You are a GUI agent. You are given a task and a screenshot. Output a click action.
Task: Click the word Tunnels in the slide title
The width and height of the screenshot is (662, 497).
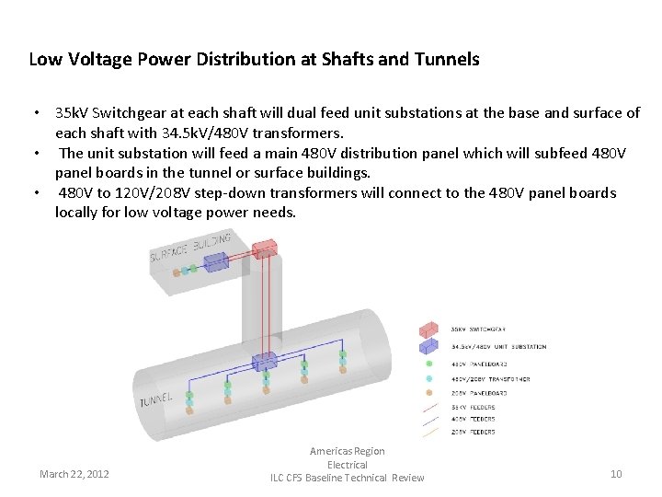click(x=446, y=60)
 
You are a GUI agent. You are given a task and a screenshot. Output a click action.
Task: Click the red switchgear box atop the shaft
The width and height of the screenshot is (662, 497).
click(x=263, y=248)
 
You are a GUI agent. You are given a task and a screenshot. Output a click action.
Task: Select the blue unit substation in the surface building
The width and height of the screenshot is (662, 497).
click(x=216, y=262)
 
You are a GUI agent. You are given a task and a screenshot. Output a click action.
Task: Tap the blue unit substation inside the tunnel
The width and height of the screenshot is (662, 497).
click(x=265, y=361)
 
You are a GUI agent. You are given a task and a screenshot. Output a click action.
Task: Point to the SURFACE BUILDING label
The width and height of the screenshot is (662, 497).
click(x=190, y=247)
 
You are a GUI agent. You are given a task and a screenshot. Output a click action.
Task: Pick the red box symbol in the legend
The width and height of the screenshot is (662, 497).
click(x=428, y=329)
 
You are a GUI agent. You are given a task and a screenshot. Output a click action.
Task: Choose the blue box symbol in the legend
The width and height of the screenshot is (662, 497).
click(x=428, y=347)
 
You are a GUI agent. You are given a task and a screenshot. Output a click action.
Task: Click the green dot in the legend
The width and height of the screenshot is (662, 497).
click(x=428, y=364)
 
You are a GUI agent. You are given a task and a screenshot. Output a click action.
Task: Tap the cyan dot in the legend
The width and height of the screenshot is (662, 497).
click(x=428, y=378)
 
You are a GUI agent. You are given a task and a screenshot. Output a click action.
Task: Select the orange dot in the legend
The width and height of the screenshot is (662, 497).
click(x=428, y=393)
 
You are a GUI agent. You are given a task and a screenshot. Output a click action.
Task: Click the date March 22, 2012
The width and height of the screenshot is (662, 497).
click(x=74, y=474)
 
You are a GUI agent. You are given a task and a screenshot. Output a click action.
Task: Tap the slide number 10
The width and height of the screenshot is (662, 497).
click(x=616, y=474)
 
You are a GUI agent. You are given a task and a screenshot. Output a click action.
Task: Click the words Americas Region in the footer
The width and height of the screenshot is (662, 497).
click(x=348, y=451)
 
